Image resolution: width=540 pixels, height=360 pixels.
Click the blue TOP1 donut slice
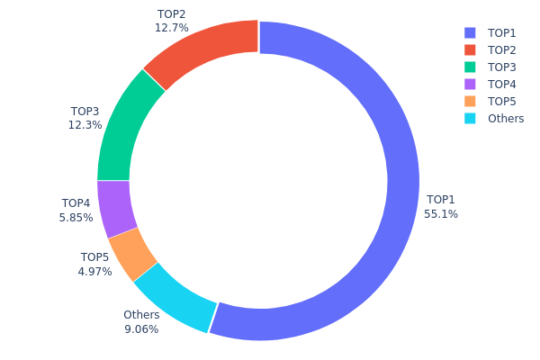click(x=403, y=180)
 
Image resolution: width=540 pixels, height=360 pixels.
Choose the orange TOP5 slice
click(x=133, y=253)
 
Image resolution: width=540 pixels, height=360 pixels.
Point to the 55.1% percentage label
click(x=441, y=214)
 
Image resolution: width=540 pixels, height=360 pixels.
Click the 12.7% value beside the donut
click(x=171, y=28)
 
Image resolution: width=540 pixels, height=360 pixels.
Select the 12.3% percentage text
click(x=85, y=125)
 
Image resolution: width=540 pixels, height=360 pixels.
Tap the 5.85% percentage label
click(x=76, y=217)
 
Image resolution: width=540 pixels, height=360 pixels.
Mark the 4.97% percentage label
click(x=94, y=271)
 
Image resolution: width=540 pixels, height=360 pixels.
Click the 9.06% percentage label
click(x=141, y=328)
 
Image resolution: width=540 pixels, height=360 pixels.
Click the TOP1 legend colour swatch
click(x=470, y=32)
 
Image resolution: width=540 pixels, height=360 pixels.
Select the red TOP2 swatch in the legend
click(x=470, y=49)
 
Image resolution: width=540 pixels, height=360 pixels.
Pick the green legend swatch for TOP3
click(x=470, y=67)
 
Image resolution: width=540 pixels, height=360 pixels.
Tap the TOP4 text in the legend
click(x=502, y=84)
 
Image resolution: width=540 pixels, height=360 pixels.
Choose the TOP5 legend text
click(x=502, y=101)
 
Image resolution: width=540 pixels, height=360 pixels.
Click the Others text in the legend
click(x=506, y=118)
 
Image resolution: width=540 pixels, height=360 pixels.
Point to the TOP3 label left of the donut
click(x=85, y=112)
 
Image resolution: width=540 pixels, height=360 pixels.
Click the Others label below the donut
click(x=141, y=315)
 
